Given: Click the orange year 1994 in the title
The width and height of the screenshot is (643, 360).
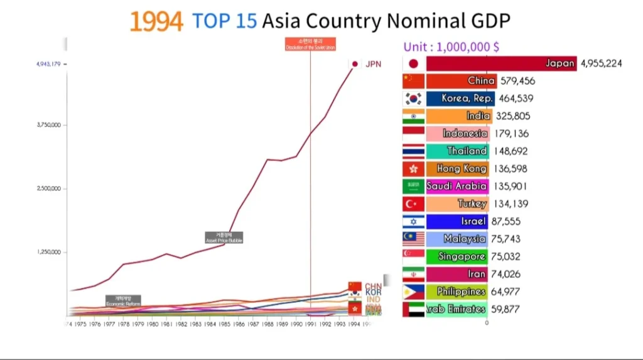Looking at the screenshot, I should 156,21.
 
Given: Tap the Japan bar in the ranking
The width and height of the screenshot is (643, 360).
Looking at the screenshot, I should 501,63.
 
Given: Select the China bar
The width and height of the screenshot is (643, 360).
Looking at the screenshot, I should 462,81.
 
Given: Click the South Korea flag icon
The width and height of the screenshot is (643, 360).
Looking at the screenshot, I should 413,99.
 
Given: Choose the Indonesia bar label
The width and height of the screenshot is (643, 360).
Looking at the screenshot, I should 465,133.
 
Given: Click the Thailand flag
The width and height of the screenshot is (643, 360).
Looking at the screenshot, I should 413,151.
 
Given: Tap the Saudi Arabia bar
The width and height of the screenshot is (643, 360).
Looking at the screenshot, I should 457,186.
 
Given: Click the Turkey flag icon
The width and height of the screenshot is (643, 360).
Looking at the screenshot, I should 413,204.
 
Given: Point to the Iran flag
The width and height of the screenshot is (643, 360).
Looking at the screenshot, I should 413,275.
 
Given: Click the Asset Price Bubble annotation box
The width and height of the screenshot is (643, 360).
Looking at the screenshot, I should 224,237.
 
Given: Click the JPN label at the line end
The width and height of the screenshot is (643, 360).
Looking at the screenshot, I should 373,64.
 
